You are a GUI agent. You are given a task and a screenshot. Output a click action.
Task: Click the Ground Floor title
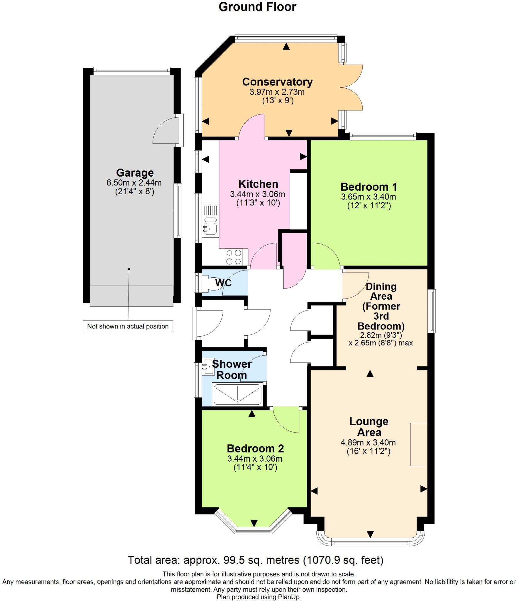point(257,7)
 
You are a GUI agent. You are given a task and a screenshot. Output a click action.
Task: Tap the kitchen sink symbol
point(210,227)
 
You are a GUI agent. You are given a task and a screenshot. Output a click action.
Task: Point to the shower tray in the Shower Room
point(237,395)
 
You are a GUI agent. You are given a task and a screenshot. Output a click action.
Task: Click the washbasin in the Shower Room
point(209,367)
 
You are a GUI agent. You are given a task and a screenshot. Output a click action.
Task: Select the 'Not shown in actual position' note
point(128,326)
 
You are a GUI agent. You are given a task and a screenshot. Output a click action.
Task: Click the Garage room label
point(135,173)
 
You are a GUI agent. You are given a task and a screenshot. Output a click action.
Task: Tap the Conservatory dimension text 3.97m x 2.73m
point(277,92)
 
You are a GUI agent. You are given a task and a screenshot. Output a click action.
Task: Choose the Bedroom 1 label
point(369,187)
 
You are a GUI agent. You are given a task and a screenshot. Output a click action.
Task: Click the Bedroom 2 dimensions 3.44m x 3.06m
point(255,459)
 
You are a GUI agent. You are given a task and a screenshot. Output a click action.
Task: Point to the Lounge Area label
point(369,427)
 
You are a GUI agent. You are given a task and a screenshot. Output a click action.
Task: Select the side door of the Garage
point(168,131)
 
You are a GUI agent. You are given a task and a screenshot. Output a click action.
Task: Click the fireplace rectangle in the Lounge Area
point(418,444)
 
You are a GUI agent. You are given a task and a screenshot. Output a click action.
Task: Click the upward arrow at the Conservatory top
point(286,46)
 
